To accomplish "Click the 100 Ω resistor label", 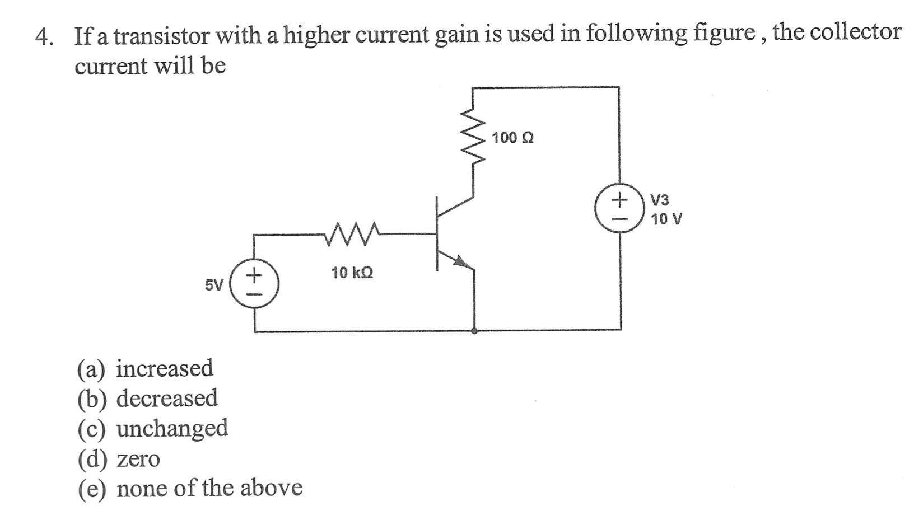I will click(x=512, y=138).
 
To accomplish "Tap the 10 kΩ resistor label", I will click(x=352, y=273).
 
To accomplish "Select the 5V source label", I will click(x=213, y=285).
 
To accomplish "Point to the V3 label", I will click(x=660, y=200).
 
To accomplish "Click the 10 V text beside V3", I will click(x=666, y=219).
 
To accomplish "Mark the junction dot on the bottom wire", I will click(x=474, y=331).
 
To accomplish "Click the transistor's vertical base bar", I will click(x=437, y=233).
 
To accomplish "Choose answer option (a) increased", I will click(x=145, y=368).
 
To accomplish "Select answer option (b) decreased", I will click(x=147, y=398).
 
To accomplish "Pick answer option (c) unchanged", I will click(x=152, y=428).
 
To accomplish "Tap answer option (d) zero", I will click(x=118, y=459).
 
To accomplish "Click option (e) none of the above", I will click(x=190, y=489).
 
